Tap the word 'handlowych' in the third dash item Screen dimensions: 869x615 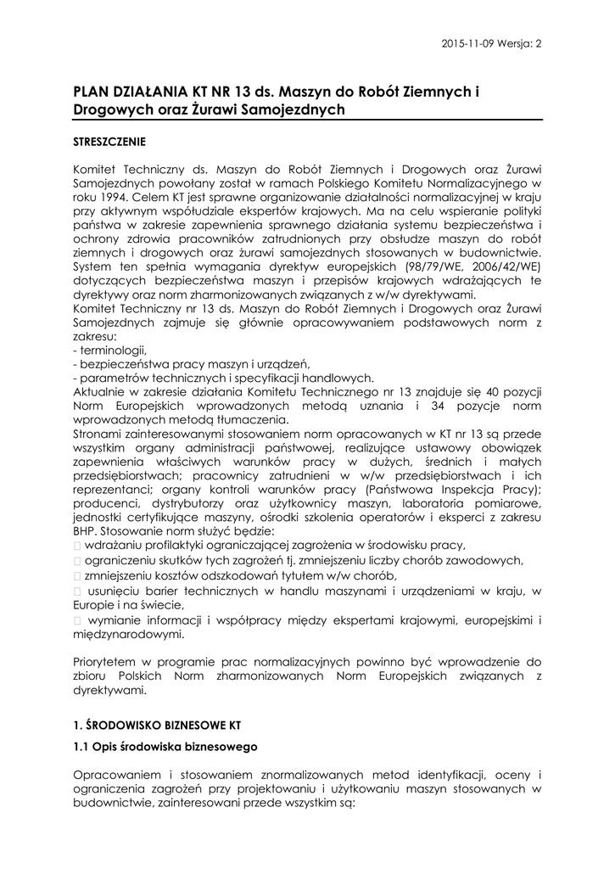click(343, 379)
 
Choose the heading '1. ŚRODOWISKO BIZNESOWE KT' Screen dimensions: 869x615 click(157, 726)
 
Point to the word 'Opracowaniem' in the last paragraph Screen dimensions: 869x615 click(115, 775)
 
